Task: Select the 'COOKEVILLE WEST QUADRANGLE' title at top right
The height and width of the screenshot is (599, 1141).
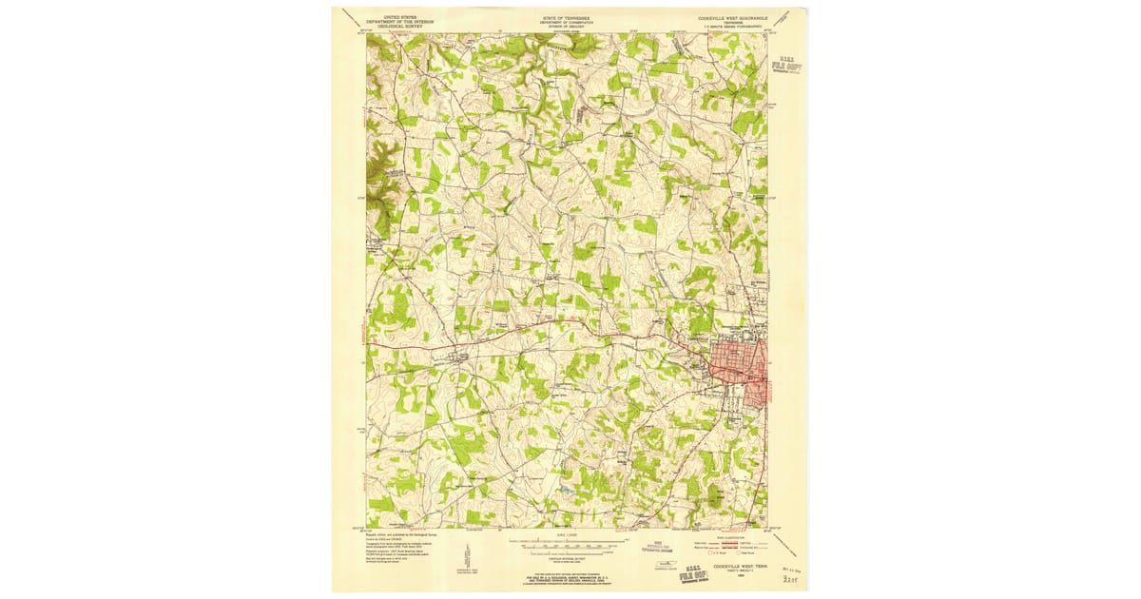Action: click(x=734, y=16)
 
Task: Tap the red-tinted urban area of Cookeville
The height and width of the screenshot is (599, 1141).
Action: click(x=739, y=371)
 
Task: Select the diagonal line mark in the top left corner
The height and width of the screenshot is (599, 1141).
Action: click(x=351, y=17)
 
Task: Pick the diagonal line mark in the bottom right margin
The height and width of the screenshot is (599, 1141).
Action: click(x=785, y=544)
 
